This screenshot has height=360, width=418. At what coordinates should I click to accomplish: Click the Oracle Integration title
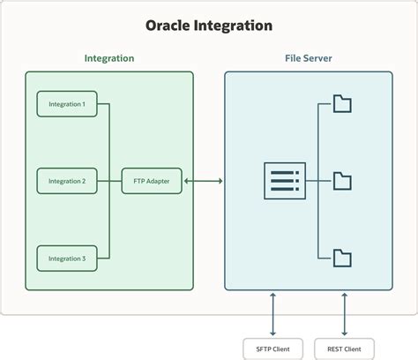[x=209, y=26]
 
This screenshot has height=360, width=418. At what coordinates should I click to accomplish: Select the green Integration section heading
[x=109, y=58]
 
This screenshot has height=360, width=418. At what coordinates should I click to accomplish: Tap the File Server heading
[x=308, y=58]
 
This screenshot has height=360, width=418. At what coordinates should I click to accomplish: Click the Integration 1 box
[x=67, y=104]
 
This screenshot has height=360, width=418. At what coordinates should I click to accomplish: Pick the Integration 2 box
[x=67, y=181]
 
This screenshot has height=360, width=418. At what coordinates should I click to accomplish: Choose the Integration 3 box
[x=67, y=259]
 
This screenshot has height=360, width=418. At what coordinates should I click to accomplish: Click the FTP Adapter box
[x=152, y=181]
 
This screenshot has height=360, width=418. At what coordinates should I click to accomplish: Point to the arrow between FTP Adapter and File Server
[x=204, y=181]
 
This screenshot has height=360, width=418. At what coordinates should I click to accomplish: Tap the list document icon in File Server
[x=284, y=181]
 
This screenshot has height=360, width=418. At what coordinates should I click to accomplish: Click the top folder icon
[x=342, y=104]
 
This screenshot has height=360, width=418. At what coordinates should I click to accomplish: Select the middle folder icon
[x=342, y=182]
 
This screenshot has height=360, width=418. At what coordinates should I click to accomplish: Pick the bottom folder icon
[x=342, y=259]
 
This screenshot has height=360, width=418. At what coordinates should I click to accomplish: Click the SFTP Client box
[x=273, y=349]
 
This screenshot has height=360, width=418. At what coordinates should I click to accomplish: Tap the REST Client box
[x=344, y=349]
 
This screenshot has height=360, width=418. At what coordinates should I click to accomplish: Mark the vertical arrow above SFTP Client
[x=273, y=314]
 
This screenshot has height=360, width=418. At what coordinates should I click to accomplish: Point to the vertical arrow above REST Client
[x=344, y=314]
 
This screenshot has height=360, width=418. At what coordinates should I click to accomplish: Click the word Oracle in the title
[x=170, y=26]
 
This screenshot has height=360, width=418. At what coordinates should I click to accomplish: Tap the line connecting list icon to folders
[x=316, y=181]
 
